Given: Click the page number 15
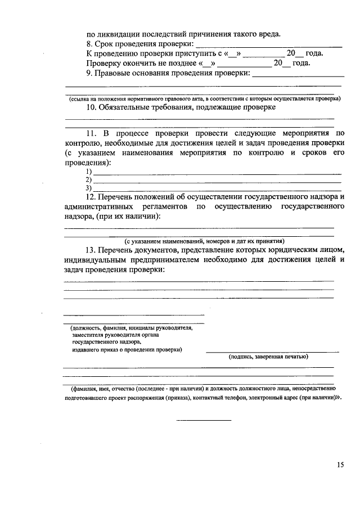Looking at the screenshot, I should tap(340, 465).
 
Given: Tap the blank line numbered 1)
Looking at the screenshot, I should tap(217, 172).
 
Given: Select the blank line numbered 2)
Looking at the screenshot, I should tap(217, 181).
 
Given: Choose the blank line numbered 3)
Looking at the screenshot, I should tap(217, 189).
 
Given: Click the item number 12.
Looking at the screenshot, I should tap(91, 197).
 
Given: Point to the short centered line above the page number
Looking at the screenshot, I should tap(204, 420).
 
